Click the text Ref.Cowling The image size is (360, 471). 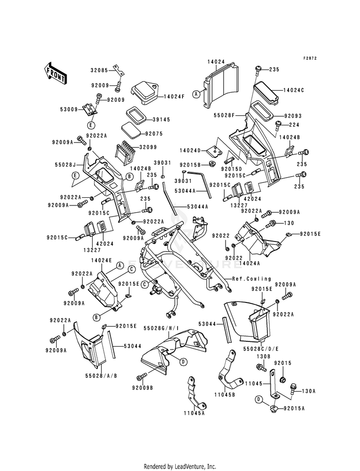click(252, 278)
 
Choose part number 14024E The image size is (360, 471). click(101, 260)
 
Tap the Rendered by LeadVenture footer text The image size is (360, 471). click(180, 466)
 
